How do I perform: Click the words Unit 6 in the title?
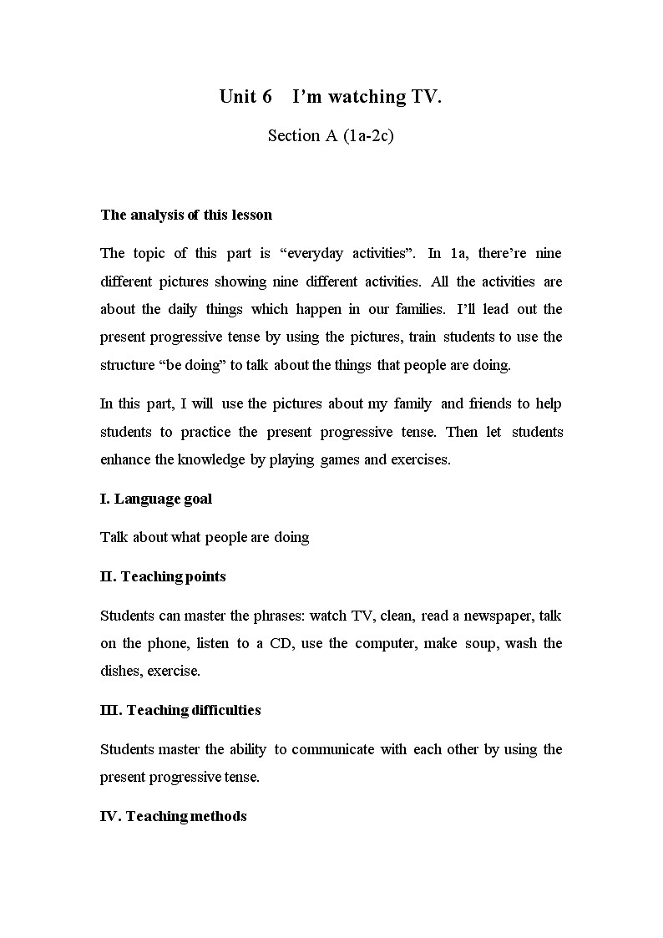[245, 97]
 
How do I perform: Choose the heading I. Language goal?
[156, 499]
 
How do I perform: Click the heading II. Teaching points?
[163, 576]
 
